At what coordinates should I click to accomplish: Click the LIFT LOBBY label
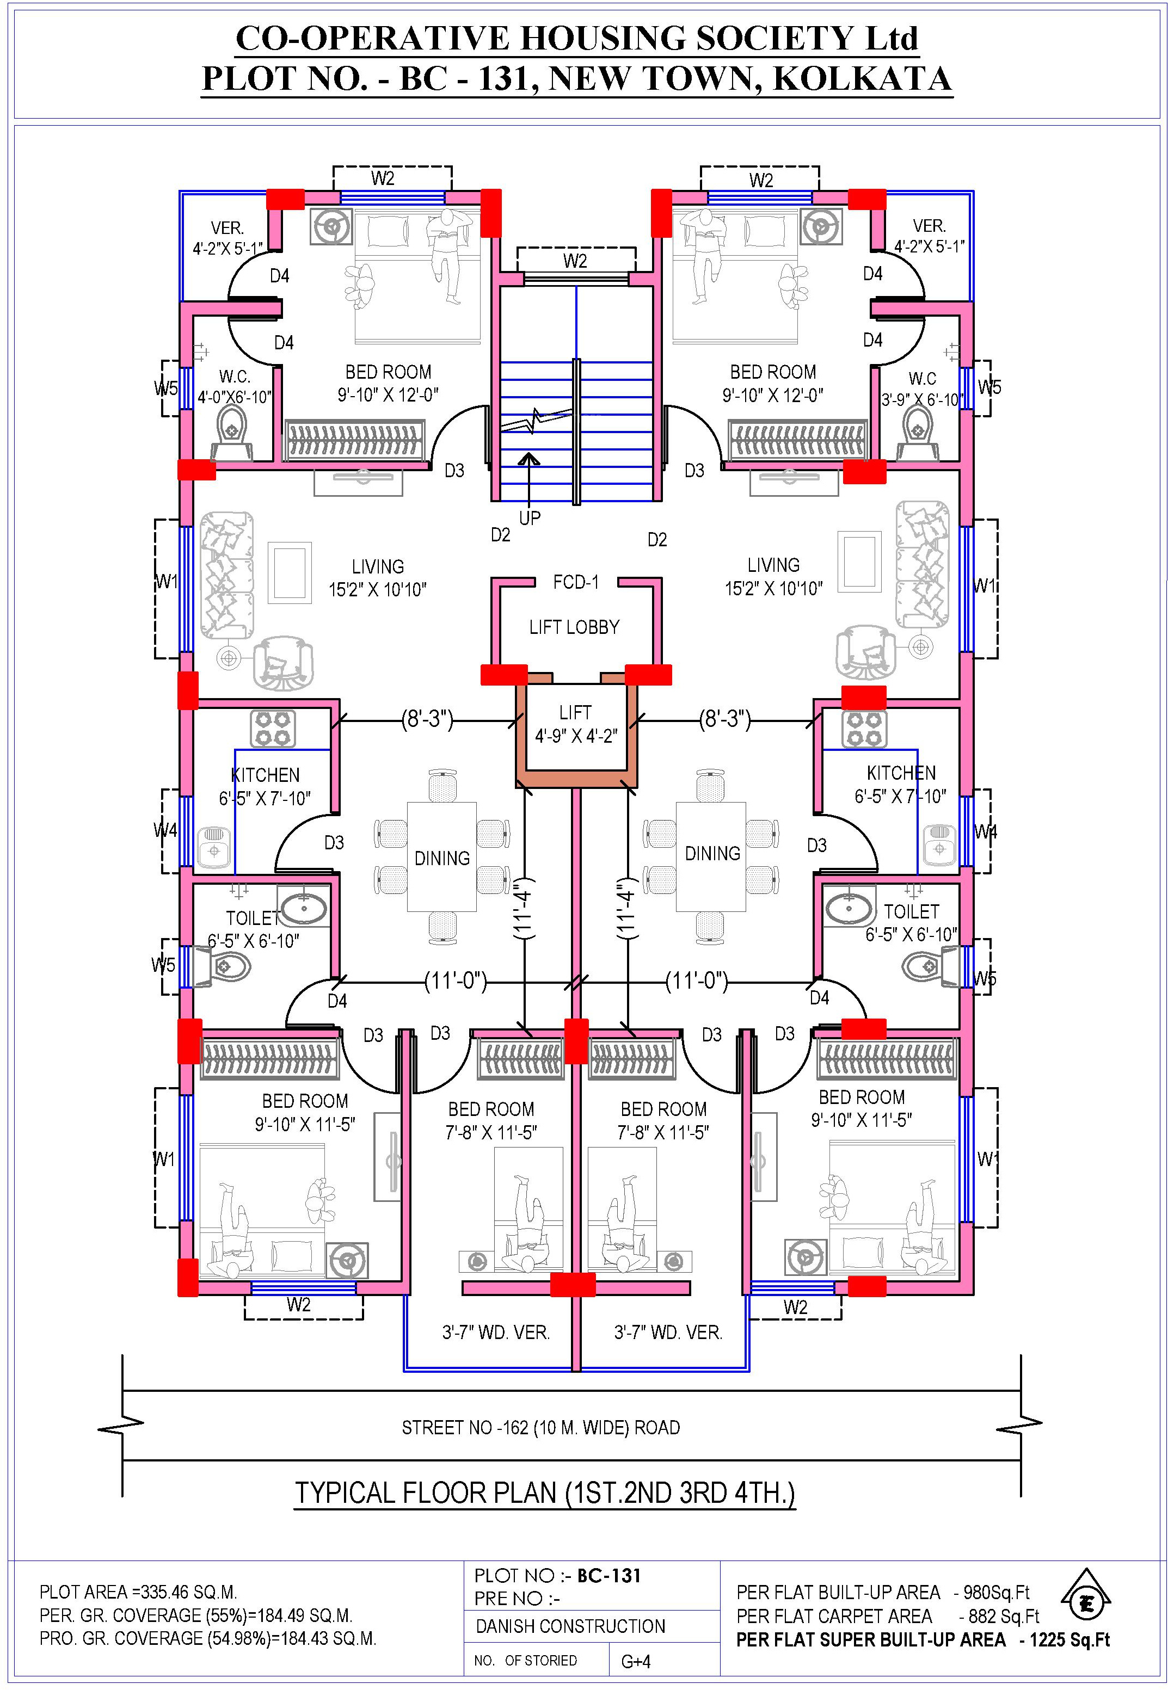(575, 627)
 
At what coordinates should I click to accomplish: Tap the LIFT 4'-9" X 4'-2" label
(576, 724)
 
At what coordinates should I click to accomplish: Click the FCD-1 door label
(576, 582)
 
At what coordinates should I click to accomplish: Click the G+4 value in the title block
(636, 1662)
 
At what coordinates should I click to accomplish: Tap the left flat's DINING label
(442, 858)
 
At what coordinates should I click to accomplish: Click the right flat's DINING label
(712, 853)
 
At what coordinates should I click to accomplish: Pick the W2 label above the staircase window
(575, 261)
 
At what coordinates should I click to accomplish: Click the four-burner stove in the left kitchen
(273, 729)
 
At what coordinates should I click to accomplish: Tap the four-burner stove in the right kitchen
(864, 729)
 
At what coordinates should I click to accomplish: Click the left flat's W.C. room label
(235, 377)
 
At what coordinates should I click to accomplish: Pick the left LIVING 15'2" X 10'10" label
(378, 578)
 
